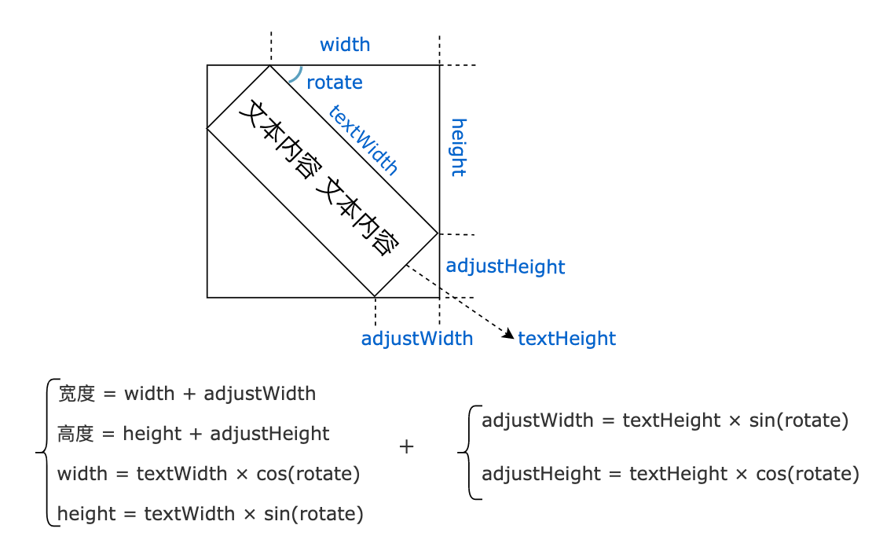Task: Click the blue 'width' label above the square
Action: coord(345,45)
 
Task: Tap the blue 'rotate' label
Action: coord(334,83)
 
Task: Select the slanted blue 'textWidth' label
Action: coord(364,139)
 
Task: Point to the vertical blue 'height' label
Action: coord(458,147)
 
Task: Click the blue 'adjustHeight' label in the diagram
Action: coord(505,266)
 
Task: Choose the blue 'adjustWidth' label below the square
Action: coord(416,339)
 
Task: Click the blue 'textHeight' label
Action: coord(566,339)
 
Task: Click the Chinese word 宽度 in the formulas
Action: coord(76,394)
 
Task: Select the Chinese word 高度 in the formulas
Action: coord(76,434)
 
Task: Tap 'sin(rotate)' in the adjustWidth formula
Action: coord(799,420)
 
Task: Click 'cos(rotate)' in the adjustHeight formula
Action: coord(808,474)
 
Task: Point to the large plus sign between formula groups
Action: coord(406,447)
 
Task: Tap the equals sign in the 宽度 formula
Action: coord(109,394)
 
